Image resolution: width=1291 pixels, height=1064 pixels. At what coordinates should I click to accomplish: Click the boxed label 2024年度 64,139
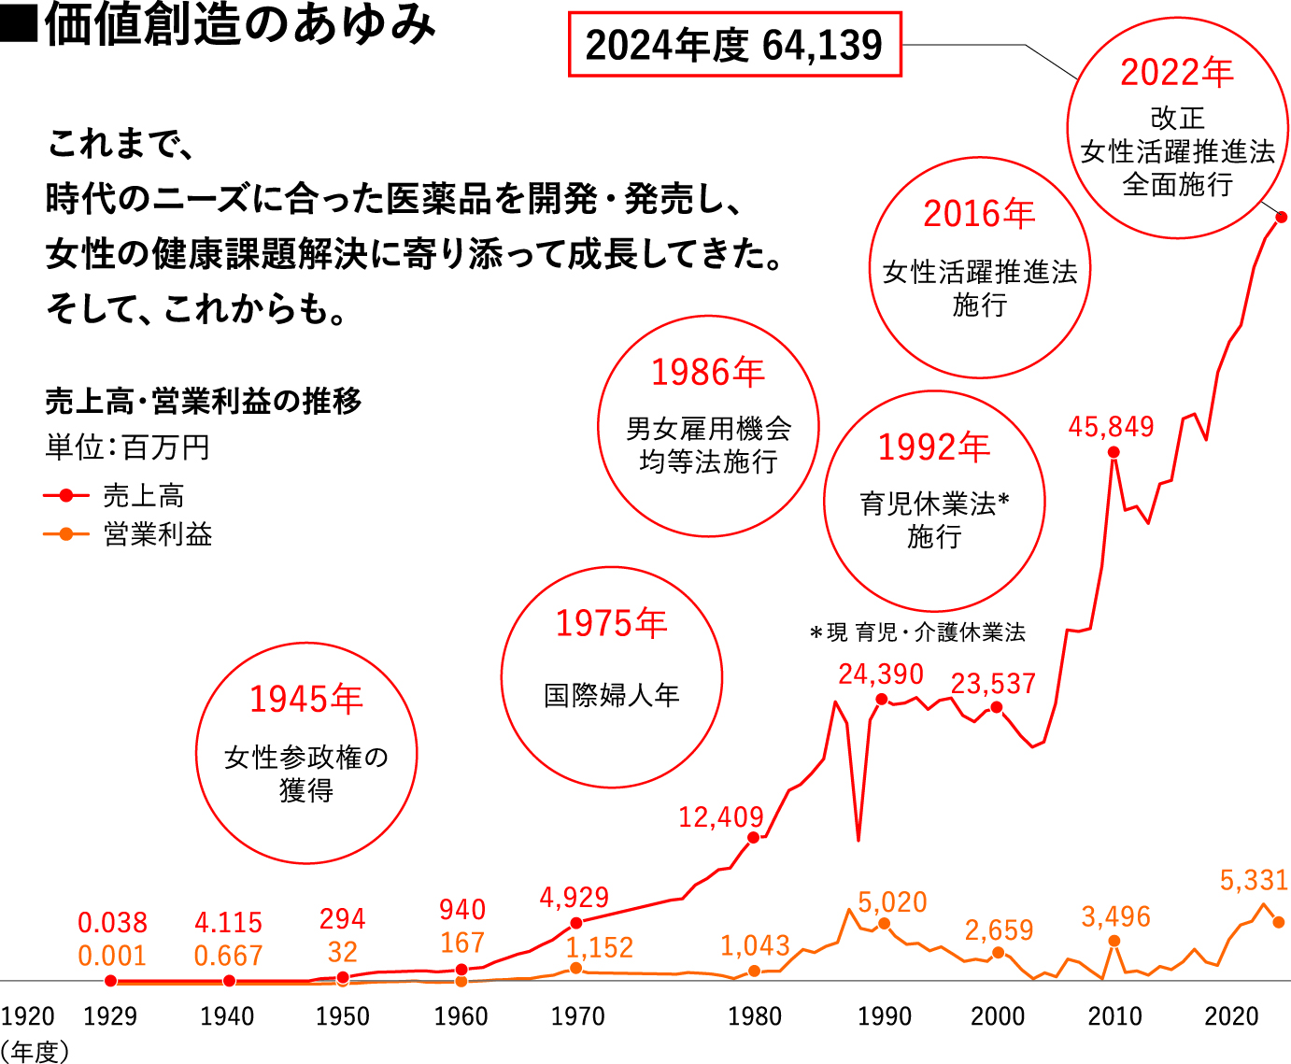(734, 45)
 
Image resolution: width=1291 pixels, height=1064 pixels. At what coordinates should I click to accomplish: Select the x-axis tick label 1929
(110, 1016)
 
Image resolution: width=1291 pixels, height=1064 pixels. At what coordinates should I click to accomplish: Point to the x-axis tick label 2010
(1114, 1016)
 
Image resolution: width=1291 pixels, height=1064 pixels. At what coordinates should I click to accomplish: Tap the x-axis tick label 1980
(755, 1016)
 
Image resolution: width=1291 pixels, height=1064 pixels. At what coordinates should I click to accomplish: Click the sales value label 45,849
(1111, 427)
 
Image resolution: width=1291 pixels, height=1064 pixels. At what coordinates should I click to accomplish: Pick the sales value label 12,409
(721, 817)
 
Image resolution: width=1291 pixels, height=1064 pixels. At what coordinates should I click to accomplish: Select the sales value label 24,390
(881, 674)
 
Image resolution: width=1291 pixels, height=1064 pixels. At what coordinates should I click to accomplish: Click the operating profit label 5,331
(1254, 880)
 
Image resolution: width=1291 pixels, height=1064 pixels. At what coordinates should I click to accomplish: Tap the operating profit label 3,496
(1116, 916)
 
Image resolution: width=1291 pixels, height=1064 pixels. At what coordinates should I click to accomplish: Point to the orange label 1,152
(600, 948)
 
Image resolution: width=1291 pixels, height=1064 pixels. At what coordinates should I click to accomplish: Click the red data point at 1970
(576, 923)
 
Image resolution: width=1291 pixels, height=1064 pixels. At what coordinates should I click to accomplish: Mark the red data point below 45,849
(1114, 452)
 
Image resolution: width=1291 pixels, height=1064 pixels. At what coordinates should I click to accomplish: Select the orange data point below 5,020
(885, 924)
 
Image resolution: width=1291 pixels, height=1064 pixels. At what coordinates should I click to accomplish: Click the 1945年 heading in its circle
(305, 700)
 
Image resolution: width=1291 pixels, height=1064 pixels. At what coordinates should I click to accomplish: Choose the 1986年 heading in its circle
(707, 373)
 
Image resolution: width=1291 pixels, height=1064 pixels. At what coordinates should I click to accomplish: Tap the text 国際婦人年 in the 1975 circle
(612, 696)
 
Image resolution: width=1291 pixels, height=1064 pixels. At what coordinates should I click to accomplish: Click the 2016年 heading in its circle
(979, 214)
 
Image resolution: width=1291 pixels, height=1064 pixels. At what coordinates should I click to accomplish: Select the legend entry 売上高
(143, 495)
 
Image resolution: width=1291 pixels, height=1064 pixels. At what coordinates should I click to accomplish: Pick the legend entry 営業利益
(157, 534)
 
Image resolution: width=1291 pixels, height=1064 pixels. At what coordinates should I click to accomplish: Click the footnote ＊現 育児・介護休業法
(917, 632)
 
